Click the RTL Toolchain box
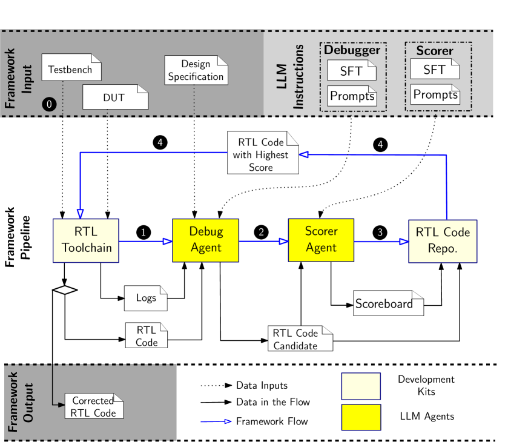86,240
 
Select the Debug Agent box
206,240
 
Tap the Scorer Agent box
321,240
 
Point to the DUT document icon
115,97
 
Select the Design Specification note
196,70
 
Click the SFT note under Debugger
351,70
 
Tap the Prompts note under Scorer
435,95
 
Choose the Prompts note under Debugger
352,96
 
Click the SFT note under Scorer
434,69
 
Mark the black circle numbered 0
49,104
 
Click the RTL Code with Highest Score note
263,153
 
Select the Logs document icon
145,298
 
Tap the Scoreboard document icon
388,303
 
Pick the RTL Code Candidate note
300,339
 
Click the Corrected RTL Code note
94,406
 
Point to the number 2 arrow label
262,232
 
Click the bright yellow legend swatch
361,417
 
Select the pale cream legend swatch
361,386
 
